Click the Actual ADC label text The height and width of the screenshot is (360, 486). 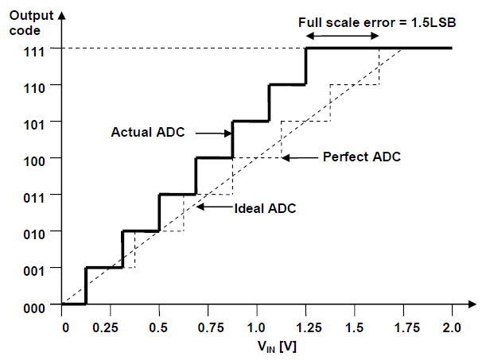click(x=147, y=133)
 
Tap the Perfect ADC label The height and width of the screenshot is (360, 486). click(x=361, y=157)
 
